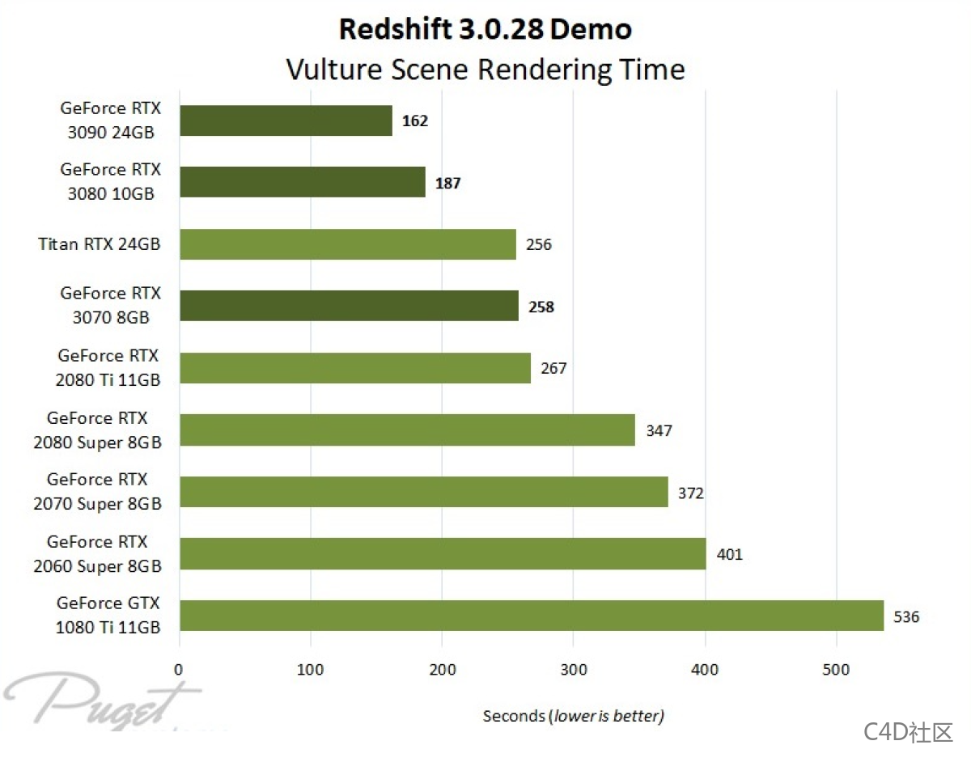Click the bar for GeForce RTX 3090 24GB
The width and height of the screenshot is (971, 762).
pyautogui.click(x=286, y=121)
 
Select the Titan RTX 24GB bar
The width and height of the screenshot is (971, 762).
pyautogui.click(x=348, y=244)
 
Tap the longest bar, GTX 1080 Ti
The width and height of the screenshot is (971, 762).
pyautogui.click(x=531, y=616)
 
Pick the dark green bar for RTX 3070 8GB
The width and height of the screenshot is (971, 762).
pyautogui.click(x=349, y=306)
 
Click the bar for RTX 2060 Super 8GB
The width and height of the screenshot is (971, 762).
pyautogui.click(x=443, y=554)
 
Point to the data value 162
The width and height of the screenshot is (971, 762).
pyautogui.click(x=414, y=121)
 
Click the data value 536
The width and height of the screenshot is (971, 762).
pyautogui.click(x=906, y=616)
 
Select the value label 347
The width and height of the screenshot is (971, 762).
pyautogui.click(x=659, y=430)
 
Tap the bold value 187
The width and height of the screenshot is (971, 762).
pyautogui.click(x=447, y=183)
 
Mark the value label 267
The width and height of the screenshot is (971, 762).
pyautogui.click(x=553, y=368)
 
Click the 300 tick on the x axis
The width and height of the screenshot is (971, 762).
pyautogui.click(x=573, y=669)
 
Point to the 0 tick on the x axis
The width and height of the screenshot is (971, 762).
pyautogui.click(x=179, y=669)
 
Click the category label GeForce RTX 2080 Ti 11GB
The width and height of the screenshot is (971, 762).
pyautogui.click(x=108, y=367)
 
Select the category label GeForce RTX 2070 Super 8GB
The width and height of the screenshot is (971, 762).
pyautogui.click(x=97, y=491)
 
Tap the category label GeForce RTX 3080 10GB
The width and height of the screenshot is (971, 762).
pyautogui.click(x=110, y=181)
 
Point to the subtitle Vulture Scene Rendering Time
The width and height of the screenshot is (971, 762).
pyautogui.click(x=485, y=69)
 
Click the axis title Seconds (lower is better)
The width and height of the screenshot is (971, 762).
pyautogui.click(x=573, y=716)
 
